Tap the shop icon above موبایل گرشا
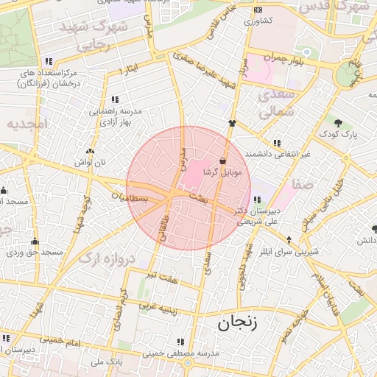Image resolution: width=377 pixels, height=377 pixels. (223, 161)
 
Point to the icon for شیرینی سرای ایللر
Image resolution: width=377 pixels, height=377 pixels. (289, 239)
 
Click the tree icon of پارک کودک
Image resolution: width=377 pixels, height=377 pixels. (337, 123)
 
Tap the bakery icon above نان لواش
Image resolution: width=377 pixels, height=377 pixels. (91, 150)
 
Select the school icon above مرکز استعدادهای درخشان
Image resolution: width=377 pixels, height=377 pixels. (49, 62)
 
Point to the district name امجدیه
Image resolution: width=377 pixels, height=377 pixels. (27, 124)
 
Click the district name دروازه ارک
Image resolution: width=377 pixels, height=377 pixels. (108, 259)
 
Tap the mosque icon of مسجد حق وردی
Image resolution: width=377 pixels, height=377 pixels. (35, 241)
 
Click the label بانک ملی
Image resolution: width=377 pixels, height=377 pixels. (106, 362)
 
